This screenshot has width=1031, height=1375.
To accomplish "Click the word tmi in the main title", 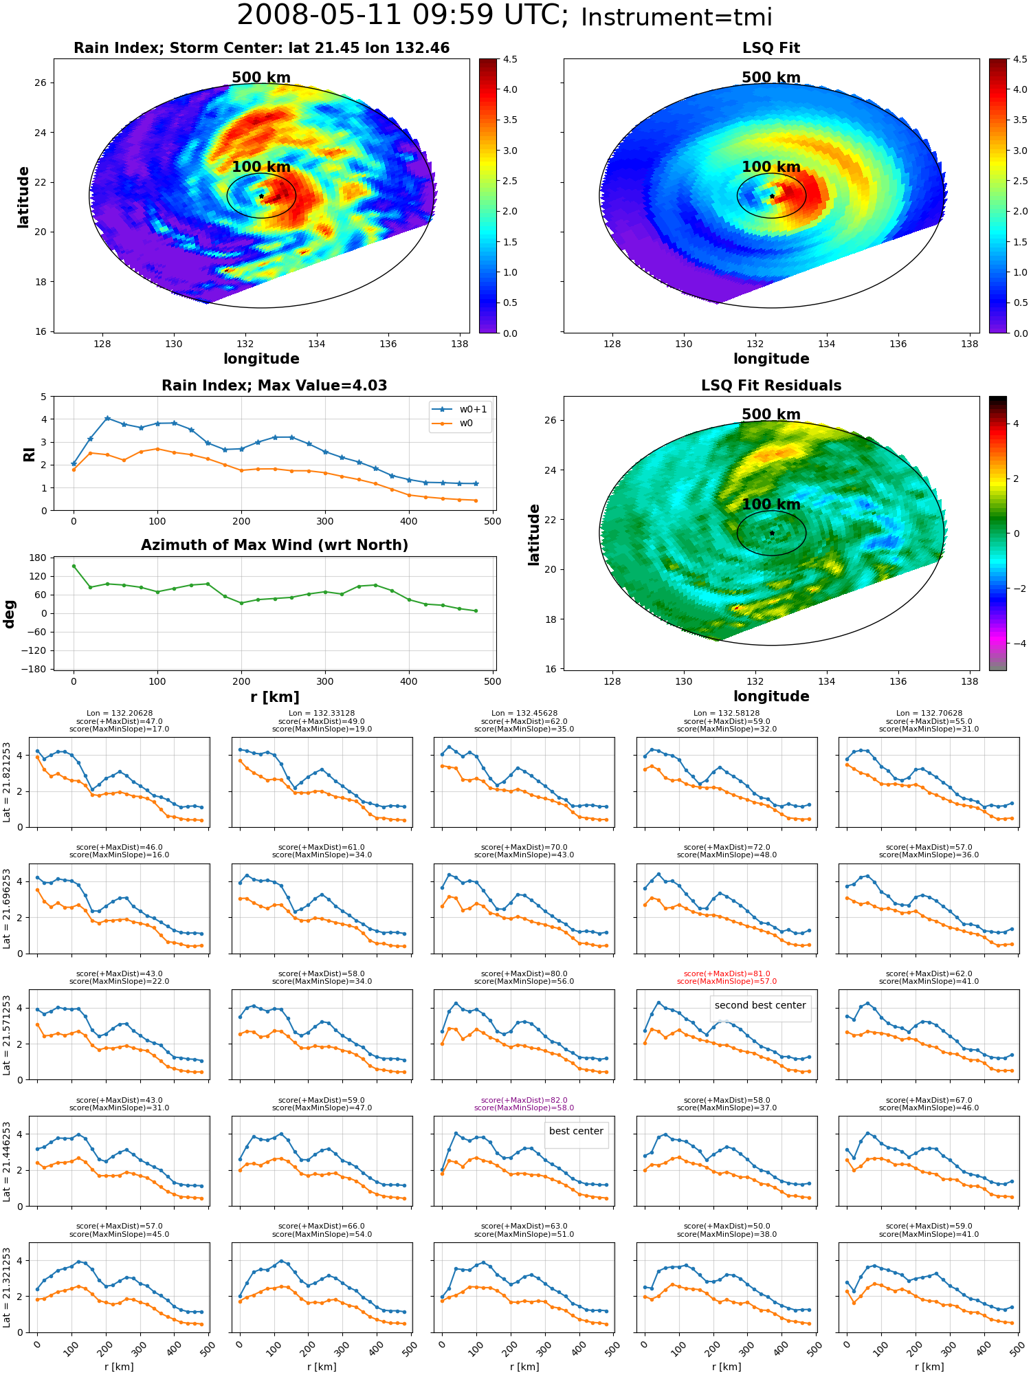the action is (746, 17).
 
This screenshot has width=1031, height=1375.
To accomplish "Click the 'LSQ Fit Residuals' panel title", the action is (771, 386).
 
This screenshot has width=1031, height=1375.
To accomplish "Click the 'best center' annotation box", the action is (576, 1131).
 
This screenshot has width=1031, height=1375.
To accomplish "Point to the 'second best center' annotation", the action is (760, 1005).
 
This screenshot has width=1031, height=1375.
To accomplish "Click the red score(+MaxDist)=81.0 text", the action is (727, 973).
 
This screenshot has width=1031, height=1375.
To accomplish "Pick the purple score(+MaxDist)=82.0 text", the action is (524, 1100).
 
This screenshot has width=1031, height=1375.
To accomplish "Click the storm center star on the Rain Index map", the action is (261, 196).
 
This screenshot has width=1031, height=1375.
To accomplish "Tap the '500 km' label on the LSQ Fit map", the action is (771, 78).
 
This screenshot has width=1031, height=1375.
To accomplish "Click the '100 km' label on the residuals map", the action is (771, 505).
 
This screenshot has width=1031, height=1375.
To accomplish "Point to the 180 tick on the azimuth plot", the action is (39, 558).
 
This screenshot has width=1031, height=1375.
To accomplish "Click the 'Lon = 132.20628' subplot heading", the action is (120, 714).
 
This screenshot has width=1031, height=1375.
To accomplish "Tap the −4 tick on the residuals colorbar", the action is (1017, 643).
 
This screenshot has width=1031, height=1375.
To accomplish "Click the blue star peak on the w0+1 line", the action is (107, 418).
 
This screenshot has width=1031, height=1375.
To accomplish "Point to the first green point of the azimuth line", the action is (74, 566).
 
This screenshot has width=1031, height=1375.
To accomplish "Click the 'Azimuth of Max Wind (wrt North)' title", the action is (275, 545).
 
